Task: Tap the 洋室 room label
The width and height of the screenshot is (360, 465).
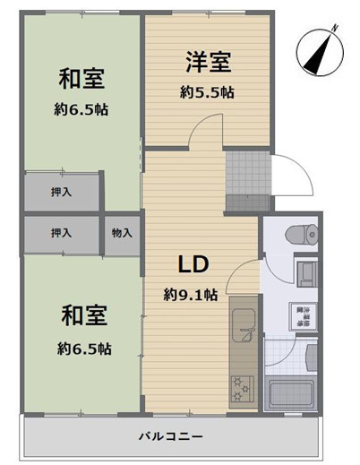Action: (209, 63)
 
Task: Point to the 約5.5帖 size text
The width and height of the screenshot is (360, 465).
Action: (209, 91)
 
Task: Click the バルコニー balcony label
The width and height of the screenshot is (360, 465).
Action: (169, 437)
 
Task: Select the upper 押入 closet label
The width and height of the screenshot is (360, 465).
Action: (62, 193)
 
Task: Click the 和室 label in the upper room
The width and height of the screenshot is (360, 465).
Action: (81, 80)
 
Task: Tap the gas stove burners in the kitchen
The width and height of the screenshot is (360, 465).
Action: (243, 388)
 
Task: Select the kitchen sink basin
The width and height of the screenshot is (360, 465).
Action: (243, 329)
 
